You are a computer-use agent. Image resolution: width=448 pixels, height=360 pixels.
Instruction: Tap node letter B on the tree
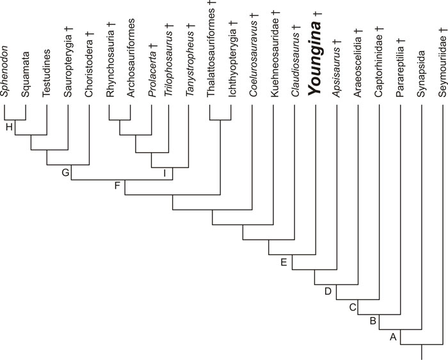[x=372, y=322]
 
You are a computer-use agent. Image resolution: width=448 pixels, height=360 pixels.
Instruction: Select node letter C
[x=352, y=308]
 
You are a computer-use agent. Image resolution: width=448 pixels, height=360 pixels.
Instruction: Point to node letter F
[x=116, y=187]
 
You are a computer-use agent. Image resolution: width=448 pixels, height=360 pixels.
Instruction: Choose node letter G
[x=65, y=172]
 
